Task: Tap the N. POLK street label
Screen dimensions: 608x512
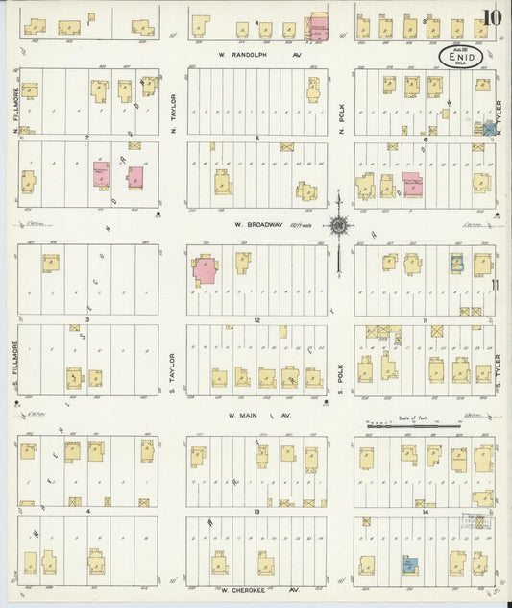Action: [340, 114]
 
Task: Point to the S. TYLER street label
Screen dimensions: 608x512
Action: [500, 367]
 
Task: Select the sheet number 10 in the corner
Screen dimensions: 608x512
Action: [492, 16]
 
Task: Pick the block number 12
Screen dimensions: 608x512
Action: [256, 319]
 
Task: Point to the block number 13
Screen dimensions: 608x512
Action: [256, 512]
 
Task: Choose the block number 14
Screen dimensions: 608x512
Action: [424, 512]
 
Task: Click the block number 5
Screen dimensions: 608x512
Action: [256, 139]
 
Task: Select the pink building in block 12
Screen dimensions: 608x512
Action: [205, 269]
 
